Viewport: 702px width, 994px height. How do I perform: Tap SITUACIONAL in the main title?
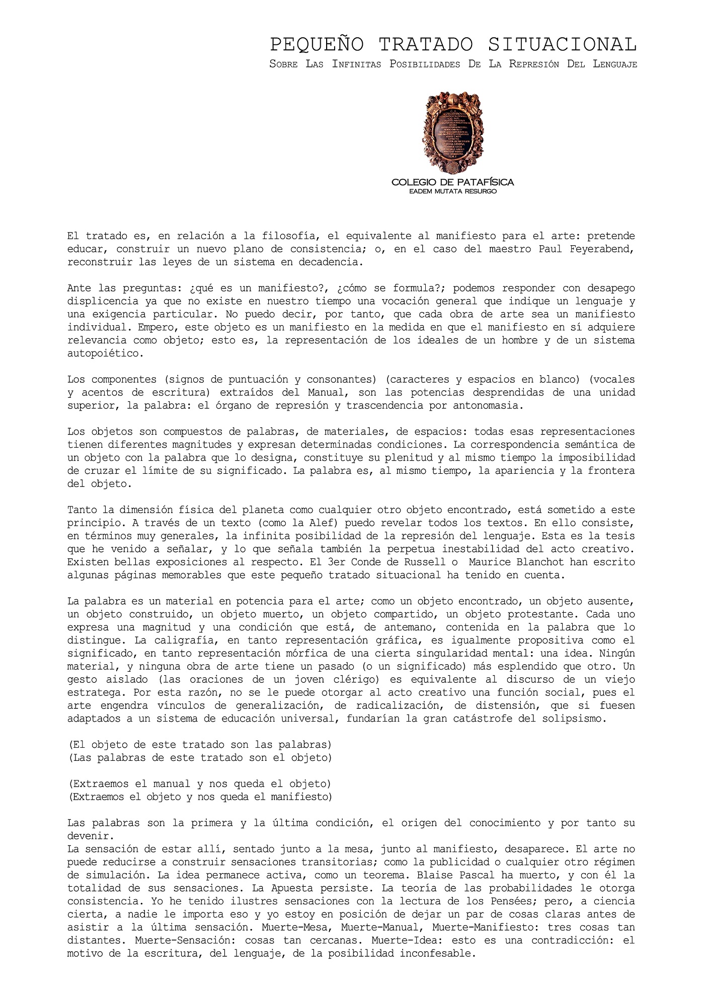pyautogui.click(x=562, y=45)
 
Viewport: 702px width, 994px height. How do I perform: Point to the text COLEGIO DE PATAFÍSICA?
pyautogui.click(x=452, y=182)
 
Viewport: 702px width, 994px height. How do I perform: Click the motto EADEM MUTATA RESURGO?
pyautogui.click(x=452, y=192)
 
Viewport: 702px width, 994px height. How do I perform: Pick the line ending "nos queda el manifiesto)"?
pyautogui.click(x=200, y=797)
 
